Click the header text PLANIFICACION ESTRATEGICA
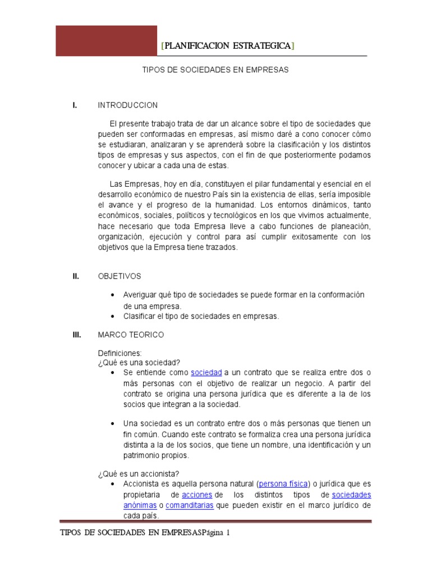(227, 45)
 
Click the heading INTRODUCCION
(128, 105)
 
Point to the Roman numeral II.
(75, 276)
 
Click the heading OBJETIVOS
(120, 276)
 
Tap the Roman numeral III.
(77, 335)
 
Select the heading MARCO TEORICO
(131, 335)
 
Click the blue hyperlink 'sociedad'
(207, 373)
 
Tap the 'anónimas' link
(140, 505)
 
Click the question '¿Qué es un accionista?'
(139, 473)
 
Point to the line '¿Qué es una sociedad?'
(139, 362)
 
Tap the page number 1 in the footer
(228, 534)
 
